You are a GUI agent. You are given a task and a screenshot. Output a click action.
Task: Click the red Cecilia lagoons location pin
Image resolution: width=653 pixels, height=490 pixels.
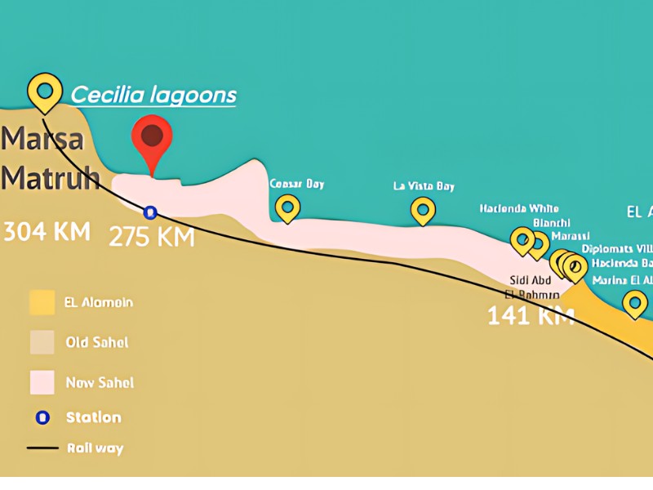tap(152, 137)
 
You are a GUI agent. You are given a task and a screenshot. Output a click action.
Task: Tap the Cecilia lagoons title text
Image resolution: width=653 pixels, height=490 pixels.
tap(153, 95)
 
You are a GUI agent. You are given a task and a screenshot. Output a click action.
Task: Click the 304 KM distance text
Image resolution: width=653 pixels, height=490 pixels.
tap(46, 231)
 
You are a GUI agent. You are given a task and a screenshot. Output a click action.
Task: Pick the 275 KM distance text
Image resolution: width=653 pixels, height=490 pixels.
tap(152, 237)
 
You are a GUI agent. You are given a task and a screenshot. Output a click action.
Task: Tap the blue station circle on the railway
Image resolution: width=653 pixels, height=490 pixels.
tap(150, 212)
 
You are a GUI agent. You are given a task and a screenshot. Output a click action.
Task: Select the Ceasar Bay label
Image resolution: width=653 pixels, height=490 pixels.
tap(297, 184)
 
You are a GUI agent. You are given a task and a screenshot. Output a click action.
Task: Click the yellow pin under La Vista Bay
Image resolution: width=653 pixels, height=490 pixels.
tap(423, 210)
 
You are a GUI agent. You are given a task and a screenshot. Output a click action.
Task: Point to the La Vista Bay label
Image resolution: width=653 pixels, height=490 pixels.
tap(424, 186)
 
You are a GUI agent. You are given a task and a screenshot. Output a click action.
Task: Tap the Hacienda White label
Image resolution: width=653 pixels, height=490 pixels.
tap(519, 208)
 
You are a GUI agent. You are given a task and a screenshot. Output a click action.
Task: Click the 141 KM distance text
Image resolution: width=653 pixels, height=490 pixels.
tap(531, 315)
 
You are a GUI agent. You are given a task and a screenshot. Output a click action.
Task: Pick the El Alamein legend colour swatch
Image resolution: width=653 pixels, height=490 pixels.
tap(42, 303)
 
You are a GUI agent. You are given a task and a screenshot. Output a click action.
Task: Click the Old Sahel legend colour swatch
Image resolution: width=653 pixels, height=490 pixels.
tap(42, 343)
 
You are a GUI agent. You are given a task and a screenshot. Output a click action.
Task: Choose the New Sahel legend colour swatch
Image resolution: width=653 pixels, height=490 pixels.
tap(42, 382)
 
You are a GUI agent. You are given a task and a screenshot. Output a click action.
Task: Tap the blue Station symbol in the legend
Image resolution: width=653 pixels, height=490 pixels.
tap(42, 417)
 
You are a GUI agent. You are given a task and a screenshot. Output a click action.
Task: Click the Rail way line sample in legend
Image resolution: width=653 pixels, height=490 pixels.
tap(42, 448)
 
